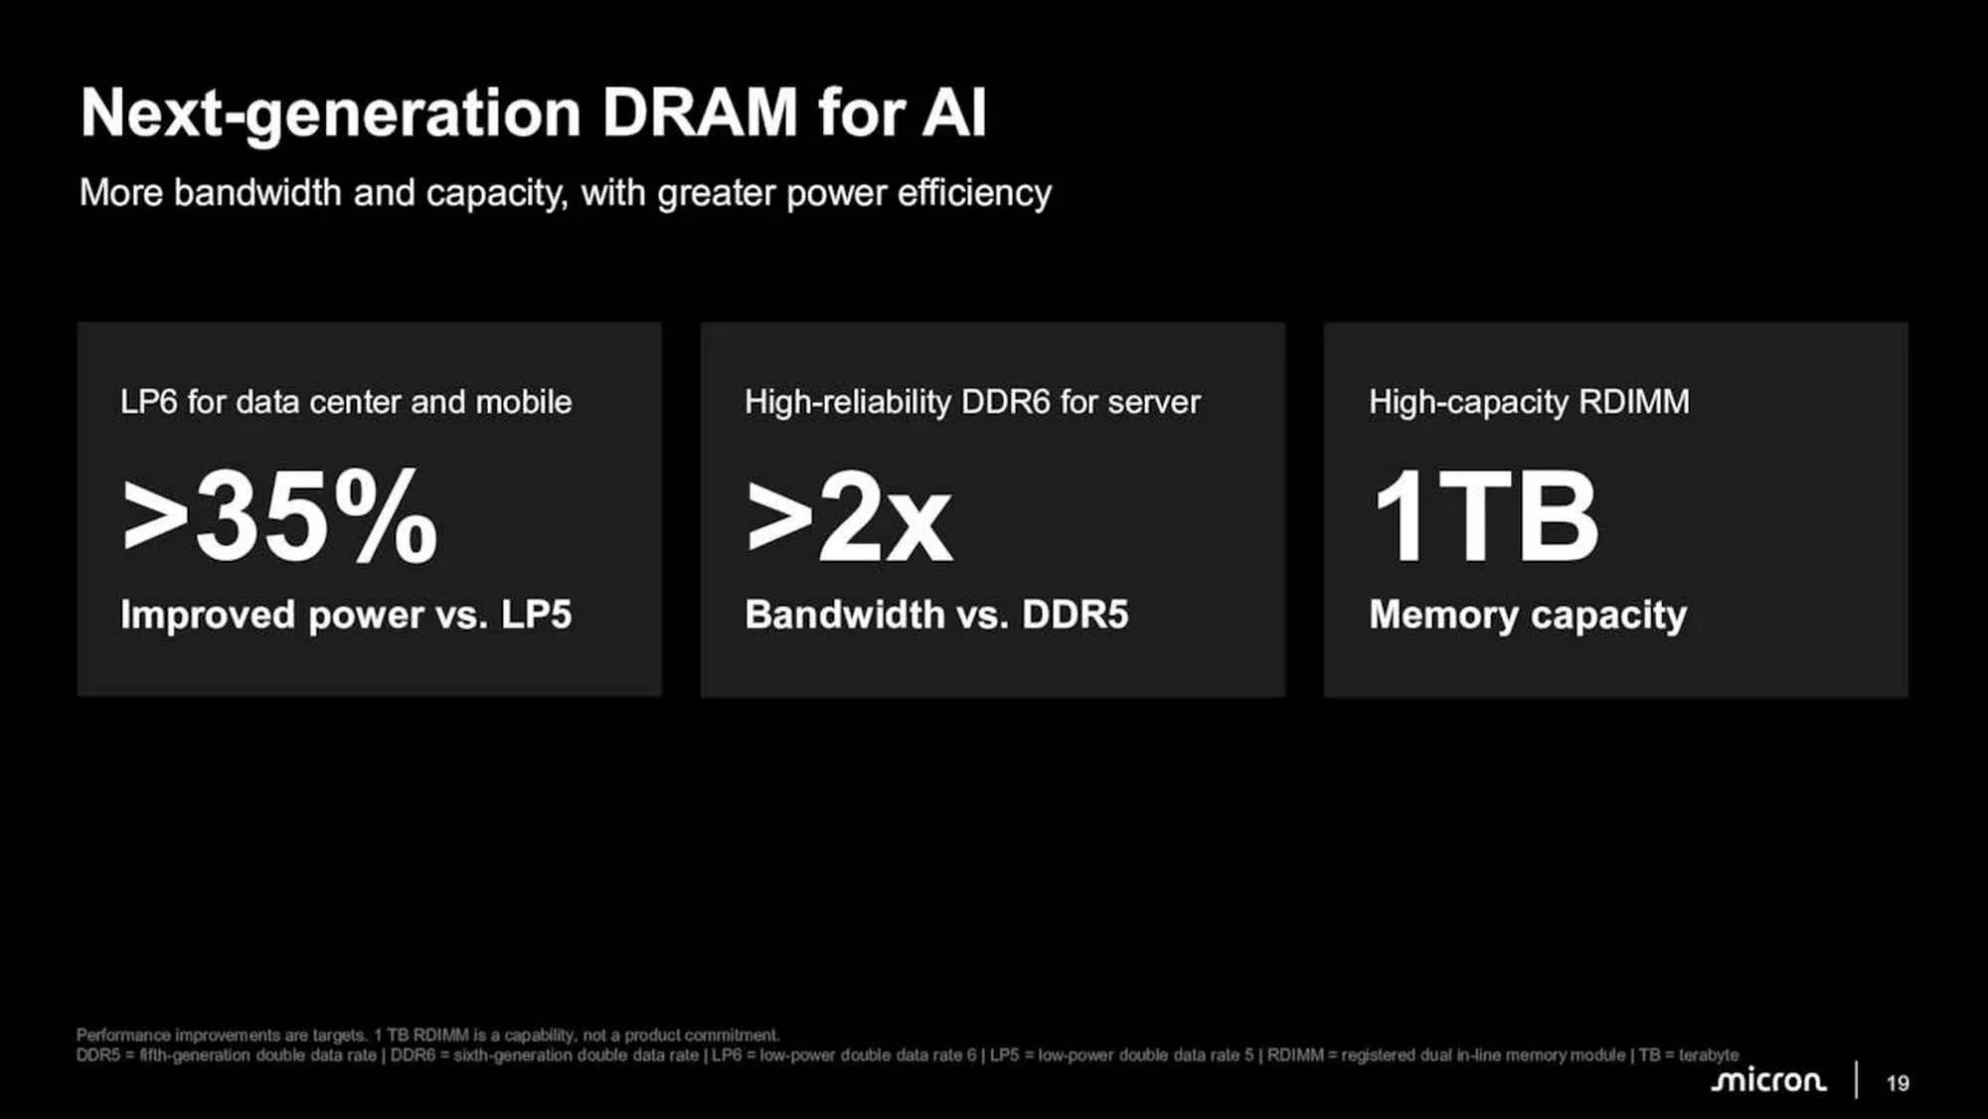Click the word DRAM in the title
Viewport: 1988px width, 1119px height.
pos(700,112)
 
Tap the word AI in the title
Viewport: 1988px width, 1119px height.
pos(953,112)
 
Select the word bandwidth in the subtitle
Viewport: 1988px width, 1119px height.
pos(257,192)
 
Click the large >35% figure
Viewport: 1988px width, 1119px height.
pos(279,516)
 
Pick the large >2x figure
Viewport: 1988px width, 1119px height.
pos(849,518)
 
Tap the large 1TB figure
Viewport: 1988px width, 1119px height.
pos(1485,516)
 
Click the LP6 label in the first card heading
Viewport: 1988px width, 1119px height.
pos(148,402)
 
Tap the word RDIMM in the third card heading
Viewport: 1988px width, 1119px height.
pos(1634,402)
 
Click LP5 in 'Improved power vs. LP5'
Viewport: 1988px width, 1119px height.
pos(537,615)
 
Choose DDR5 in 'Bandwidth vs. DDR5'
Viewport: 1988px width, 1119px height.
pos(1076,615)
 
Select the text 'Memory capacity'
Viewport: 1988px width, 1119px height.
pos(1528,616)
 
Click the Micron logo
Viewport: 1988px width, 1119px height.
pos(1768,1081)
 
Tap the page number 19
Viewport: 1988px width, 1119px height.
pos(1898,1083)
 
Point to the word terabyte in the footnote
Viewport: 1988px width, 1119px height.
pos(1709,1055)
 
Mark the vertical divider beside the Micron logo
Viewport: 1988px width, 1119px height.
pos(1856,1080)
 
